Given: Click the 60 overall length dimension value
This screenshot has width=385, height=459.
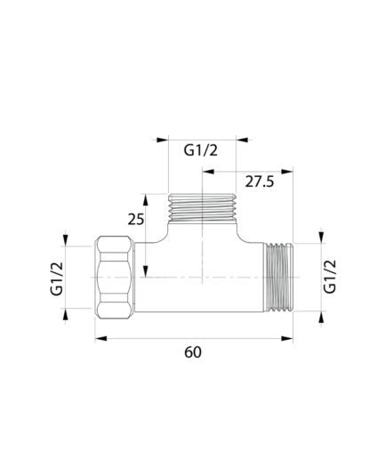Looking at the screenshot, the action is coord(193,352).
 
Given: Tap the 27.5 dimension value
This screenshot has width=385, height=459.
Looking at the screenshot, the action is coord(260,181).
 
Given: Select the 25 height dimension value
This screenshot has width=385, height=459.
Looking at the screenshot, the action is coord(136,220).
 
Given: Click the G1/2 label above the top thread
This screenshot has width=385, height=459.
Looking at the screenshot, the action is coord(201,150).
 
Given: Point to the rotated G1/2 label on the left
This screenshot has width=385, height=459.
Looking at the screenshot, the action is coord(57,278).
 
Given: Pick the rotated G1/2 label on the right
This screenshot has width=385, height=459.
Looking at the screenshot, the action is coord(330,277).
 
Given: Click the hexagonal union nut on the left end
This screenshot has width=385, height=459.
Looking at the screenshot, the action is coord(114,278).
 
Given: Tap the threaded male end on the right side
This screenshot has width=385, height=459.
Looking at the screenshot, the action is coord(278,278).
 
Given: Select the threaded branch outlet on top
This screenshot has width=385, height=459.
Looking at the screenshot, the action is coord(202,207).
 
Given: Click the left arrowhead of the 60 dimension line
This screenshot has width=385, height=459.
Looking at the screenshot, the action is coord(100,338).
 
